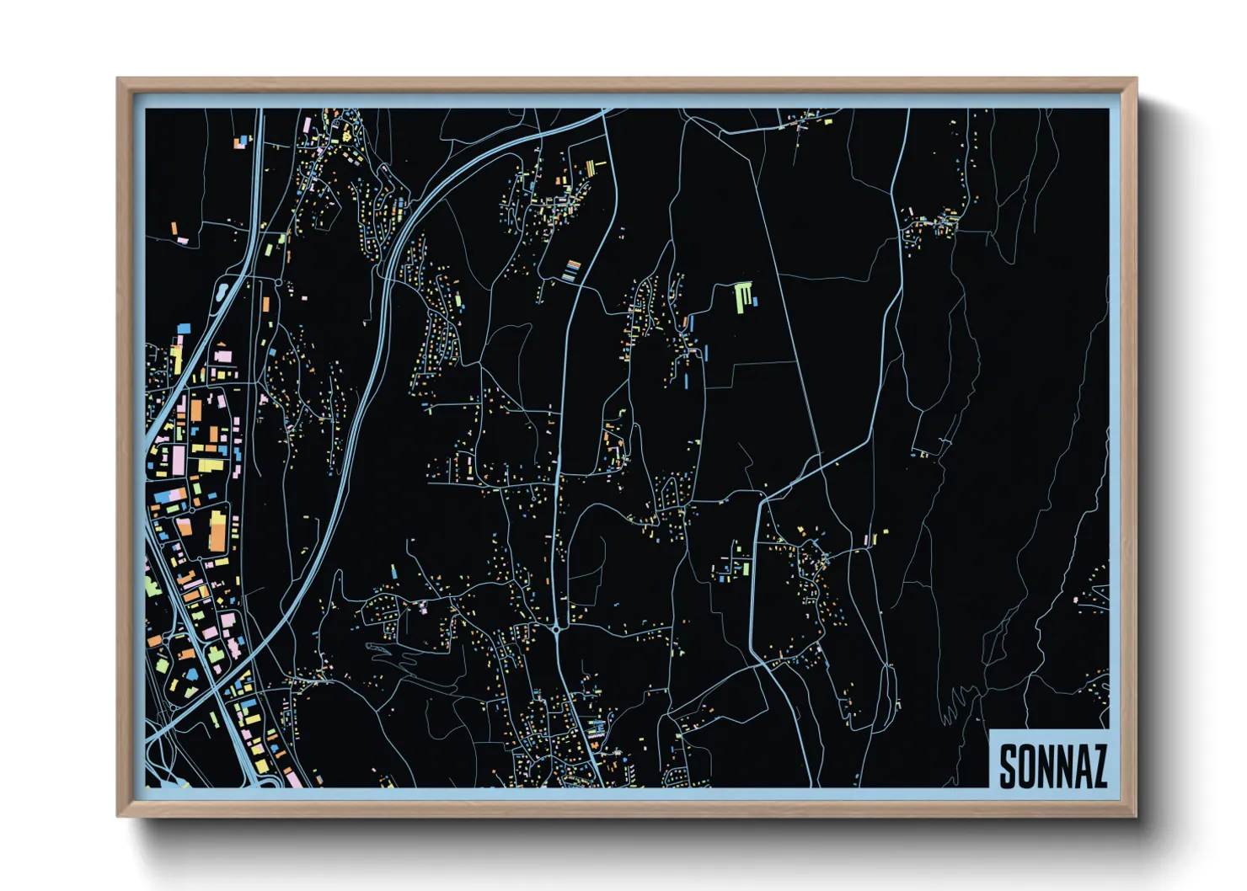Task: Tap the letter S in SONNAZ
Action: (1008, 766)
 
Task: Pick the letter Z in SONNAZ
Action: (1098, 766)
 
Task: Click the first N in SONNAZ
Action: (1046, 766)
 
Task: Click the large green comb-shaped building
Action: (741, 296)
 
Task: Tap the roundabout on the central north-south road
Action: (558, 628)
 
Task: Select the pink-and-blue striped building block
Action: (573, 269)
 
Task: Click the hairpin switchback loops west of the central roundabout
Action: (396, 654)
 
